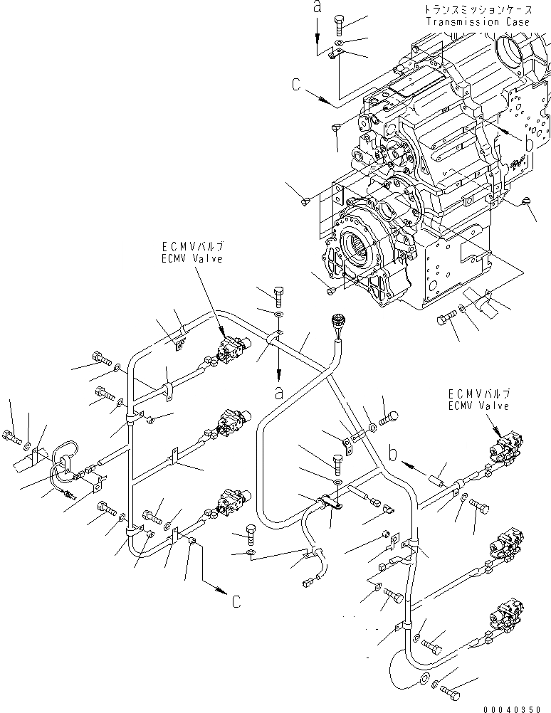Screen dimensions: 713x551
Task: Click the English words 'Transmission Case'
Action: pyautogui.click(x=478, y=22)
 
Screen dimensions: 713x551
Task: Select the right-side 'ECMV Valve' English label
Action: pyautogui.click(x=478, y=406)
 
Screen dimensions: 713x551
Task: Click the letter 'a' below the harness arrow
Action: pyautogui.click(x=278, y=391)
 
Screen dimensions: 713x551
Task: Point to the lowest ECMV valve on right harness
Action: pyautogui.click(x=504, y=613)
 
